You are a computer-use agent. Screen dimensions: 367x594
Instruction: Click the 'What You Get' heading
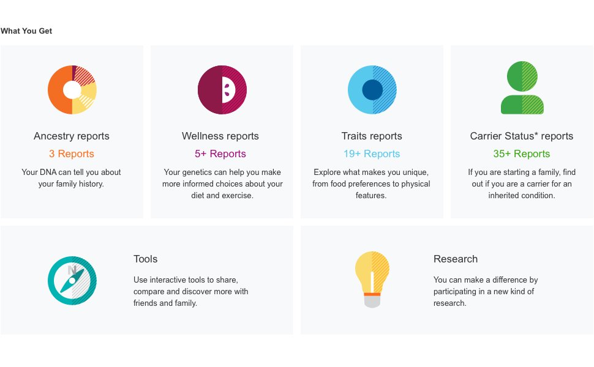coord(26,31)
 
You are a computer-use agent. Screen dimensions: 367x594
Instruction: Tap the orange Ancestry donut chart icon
coord(72,90)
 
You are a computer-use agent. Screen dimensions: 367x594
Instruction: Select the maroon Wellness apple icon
coord(222,90)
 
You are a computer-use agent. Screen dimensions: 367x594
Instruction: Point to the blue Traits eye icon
coord(372,90)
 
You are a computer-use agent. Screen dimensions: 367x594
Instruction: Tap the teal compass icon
coord(72,281)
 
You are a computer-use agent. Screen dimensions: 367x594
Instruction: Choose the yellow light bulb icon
coord(372,278)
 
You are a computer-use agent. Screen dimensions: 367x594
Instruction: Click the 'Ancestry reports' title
coord(72,136)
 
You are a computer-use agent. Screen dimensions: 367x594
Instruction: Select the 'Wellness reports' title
coord(220,136)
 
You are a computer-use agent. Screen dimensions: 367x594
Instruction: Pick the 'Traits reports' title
coord(372,136)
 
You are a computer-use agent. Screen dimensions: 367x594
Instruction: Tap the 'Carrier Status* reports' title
coord(522,136)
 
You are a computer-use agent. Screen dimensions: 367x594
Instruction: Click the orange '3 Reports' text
coord(72,154)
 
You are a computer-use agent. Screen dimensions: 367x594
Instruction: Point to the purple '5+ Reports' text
coord(220,154)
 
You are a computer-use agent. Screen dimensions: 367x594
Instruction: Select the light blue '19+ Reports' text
coord(372,154)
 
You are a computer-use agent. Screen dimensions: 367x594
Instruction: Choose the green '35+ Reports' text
coord(522,154)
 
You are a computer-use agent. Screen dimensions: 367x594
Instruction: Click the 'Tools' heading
coord(146,259)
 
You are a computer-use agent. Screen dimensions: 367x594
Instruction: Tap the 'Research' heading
coord(456,259)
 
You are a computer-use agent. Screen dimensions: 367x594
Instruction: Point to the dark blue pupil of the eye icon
coord(372,90)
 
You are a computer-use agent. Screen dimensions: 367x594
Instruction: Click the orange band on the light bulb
coord(372,294)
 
